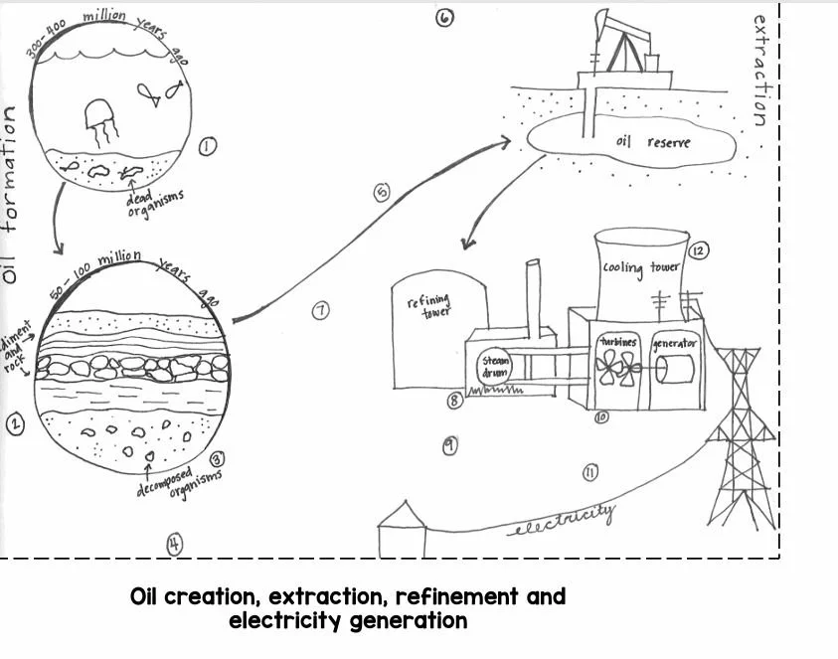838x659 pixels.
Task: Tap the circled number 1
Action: point(208,147)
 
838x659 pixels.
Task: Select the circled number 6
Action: point(444,17)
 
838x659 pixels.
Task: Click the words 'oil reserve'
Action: point(653,142)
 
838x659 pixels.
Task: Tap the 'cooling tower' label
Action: point(640,268)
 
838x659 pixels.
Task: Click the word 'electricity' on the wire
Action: point(562,519)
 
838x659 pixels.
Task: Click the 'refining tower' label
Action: point(427,302)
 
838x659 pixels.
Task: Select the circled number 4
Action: point(174,544)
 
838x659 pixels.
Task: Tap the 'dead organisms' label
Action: point(154,204)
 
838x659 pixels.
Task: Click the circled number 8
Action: point(454,401)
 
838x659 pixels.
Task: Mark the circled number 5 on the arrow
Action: point(383,193)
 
